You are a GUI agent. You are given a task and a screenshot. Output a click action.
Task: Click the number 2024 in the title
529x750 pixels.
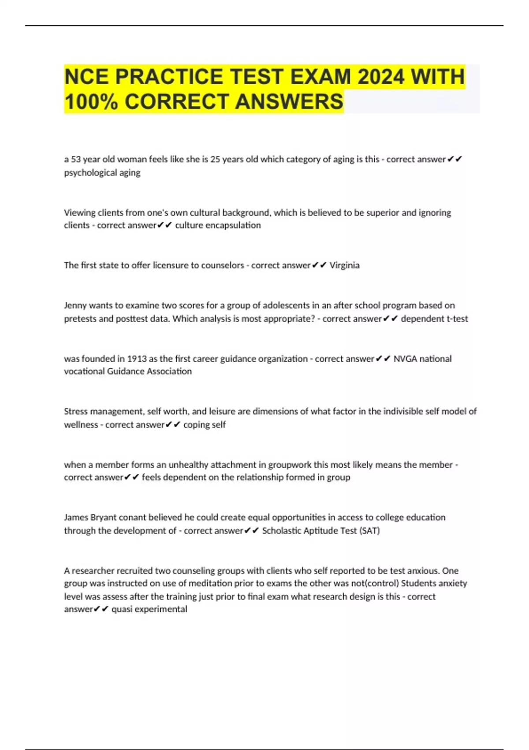[x=380, y=76]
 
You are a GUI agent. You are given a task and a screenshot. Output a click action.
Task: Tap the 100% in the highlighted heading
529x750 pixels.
[x=90, y=101]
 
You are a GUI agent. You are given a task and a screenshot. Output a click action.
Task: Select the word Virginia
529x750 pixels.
[x=344, y=265]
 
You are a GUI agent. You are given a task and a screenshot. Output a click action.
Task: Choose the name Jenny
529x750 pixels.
[x=75, y=305]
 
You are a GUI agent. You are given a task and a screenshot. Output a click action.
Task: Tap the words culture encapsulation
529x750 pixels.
[x=218, y=225]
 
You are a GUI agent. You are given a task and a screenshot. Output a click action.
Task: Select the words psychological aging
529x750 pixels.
[x=102, y=172]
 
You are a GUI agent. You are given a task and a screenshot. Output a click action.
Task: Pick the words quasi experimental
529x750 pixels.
[x=149, y=609]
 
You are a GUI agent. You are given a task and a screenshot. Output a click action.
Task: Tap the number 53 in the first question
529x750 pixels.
[x=76, y=159]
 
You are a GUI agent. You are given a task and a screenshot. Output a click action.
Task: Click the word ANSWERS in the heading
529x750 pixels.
[x=289, y=101]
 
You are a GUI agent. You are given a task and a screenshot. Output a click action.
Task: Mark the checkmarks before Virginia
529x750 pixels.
[x=319, y=265]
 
